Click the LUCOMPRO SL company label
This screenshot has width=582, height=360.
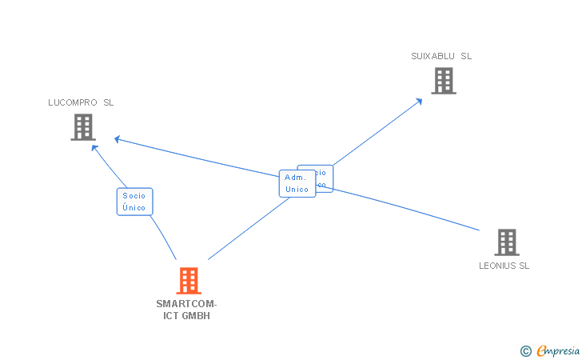pyautogui.click(x=81, y=102)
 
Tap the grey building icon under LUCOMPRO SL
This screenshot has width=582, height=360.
pyautogui.click(x=83, y=127)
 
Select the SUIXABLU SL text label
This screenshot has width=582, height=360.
pyautogui.click(x=441, y=56)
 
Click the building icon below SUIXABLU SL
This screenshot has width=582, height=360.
pyautogui.click(x=444, y=81)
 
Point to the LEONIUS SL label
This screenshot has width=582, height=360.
pyautogui.click(x=504, y=266)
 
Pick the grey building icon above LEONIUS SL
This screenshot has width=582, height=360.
pyautogui.click(x=506, y=242)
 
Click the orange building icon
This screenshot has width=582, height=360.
pyautogui.click(x=189, y=281)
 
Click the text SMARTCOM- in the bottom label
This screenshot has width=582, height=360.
pyautogui.click(x=186, y=304)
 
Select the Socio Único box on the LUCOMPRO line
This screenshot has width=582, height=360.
pyautogui.click(x=134, y=202)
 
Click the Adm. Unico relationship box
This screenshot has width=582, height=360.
pyautogui.click(x=297, y=184)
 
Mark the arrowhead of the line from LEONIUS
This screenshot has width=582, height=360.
pyautogui.click(x=117, y=139)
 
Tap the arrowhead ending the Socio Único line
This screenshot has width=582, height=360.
pyautogui.click(x=94, y=147)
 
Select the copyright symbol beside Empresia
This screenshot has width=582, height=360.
pyautogui.click(x=525, y=350)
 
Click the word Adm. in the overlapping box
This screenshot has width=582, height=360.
pyautogui.click(x=295, y=178)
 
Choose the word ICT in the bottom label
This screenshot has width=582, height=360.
pyautogui.click(x=171, y=316)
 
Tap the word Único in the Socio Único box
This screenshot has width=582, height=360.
pyautogui.click(x=134, y=207)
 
